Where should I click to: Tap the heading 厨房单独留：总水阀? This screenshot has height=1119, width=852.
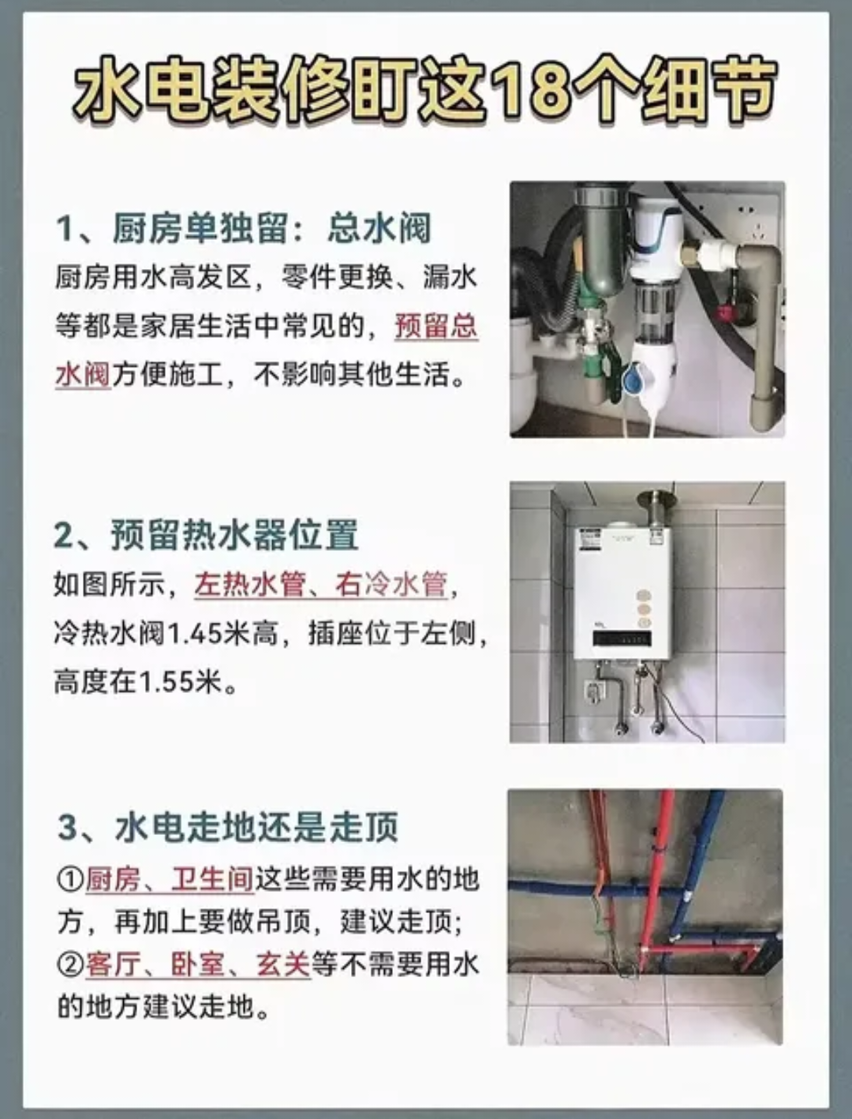[244, 229]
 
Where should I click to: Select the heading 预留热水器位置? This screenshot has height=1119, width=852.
[206, 534]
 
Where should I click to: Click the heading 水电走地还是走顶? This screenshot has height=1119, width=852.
[228, 827]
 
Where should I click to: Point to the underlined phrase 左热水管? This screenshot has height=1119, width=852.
[249, 585]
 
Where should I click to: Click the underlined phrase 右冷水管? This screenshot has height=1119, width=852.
[390, 585]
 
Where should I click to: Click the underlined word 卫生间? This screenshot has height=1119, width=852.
[212, 879]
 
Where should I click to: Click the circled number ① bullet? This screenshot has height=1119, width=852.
[70, 881]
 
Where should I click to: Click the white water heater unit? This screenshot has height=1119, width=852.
[622, 593]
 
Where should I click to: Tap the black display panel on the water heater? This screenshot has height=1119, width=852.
[622, 638]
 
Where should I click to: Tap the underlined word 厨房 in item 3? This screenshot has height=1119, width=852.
[113, 879]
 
